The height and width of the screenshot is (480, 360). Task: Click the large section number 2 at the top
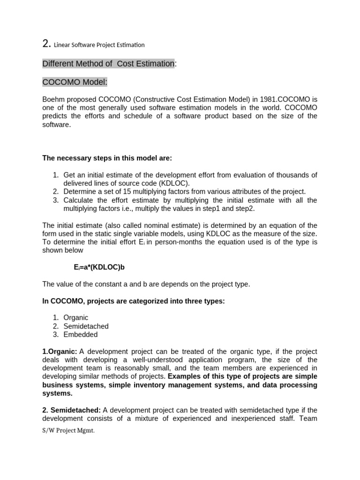[x=46, y=44]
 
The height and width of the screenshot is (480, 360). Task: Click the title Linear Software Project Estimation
[x=99, y=45]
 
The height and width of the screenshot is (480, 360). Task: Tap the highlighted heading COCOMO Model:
[x=75, y=82]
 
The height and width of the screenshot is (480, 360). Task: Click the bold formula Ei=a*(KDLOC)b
[x=99, y=267]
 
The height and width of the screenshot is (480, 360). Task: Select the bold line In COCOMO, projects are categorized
[x=134, y=301]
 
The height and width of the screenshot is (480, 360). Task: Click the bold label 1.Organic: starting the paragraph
[x=60, y=352]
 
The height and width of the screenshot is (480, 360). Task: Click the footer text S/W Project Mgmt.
[x=68, y=431]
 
